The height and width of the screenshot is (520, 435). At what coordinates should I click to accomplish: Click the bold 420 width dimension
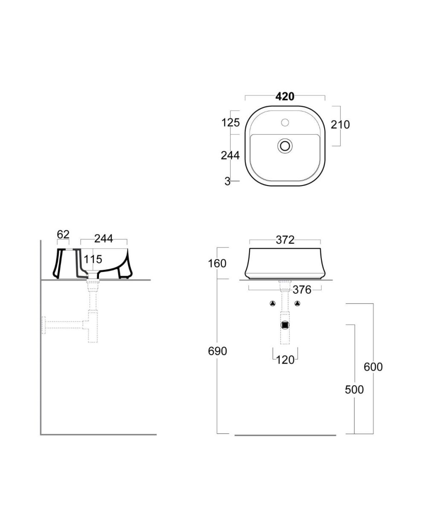coord(285,96)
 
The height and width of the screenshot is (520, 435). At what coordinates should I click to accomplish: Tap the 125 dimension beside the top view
coord(230,122)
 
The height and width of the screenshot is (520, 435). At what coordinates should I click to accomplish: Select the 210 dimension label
coord(340,124)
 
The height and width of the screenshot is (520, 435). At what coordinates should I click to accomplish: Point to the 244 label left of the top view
coord(230,156)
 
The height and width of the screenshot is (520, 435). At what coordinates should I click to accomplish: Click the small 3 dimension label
coord(227,182)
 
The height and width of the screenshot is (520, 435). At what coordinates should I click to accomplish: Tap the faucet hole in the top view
coord(285,122)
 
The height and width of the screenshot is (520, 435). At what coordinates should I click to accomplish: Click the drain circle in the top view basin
coord(285,146)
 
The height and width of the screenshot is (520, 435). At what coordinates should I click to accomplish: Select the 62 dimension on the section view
coord(63,234)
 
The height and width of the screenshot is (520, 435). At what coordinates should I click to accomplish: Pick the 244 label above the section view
coord(104,239)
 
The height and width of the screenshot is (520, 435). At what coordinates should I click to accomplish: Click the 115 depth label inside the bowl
coord(93,259)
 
